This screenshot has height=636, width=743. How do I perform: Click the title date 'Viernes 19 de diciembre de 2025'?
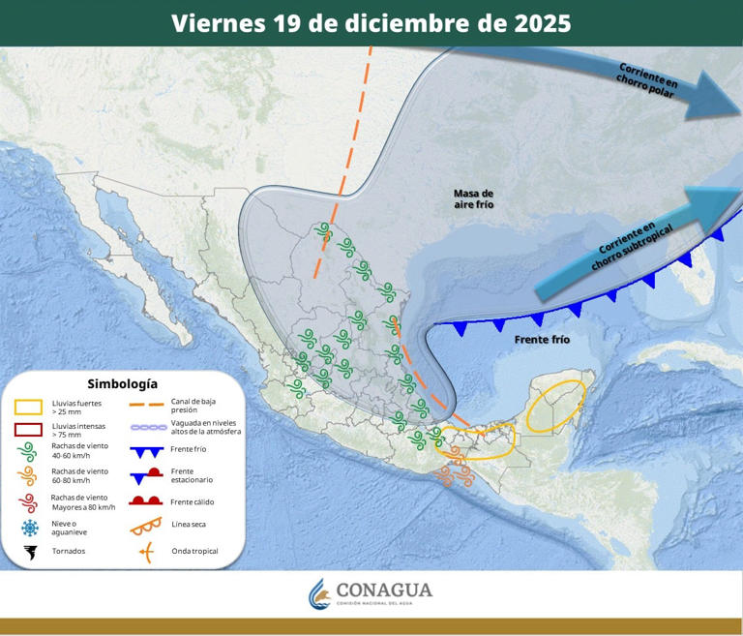pos(371,23)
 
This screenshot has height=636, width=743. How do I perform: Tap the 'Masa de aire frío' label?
pos(473,199)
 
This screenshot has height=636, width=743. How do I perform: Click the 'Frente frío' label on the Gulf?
pos(542,340)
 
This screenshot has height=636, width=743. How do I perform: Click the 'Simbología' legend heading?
pos(122,383)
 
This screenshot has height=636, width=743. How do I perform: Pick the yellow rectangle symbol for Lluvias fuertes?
pos(29,408)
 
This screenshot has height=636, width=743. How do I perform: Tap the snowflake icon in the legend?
pos(30,528)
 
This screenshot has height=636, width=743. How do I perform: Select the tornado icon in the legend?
pos(30,552)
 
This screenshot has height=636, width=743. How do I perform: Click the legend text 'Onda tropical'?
pos(194,552)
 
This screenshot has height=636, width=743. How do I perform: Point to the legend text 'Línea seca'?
pos(188,525)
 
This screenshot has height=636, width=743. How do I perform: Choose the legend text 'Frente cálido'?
pos(192,501)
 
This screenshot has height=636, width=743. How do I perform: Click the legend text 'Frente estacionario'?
pos(192,474)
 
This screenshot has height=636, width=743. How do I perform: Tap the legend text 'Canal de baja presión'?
pos(193,405)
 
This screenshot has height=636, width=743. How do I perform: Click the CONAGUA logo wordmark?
pos(384,591)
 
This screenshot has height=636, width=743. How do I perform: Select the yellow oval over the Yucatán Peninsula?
pos(555,405)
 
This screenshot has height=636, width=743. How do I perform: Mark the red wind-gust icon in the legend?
pos(29,501)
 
